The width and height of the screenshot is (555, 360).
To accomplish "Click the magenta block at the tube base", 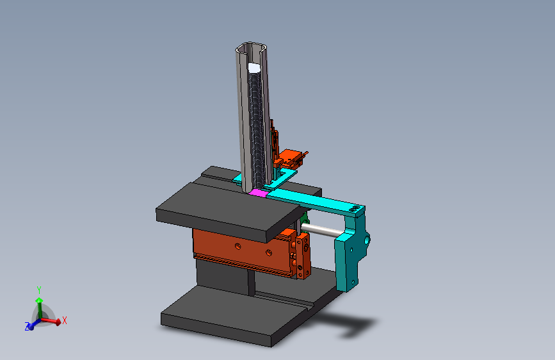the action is point(259,193).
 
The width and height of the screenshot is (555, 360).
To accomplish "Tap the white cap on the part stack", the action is point(254,67).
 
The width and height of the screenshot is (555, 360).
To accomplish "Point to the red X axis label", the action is point(65,321).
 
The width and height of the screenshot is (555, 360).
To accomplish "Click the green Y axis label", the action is point(39,290).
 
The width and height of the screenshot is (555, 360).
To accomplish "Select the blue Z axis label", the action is point(27,326).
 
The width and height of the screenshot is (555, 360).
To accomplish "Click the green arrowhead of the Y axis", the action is point(39,301).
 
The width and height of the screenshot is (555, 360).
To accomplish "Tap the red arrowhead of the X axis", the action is point(58,322).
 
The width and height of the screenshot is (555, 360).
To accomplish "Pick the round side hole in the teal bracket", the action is point(367,241).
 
